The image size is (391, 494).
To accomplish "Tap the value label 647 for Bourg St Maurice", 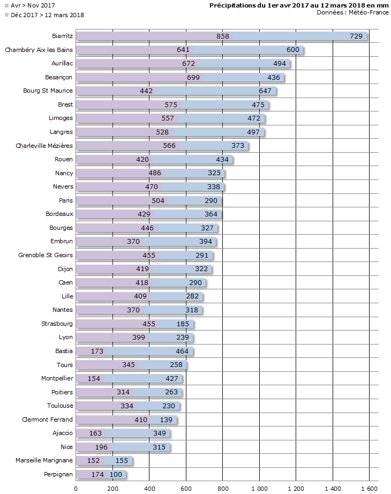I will point(265,91).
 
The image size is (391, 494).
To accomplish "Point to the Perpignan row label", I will point(58,475).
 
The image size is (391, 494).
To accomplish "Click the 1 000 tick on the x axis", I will point(260,489).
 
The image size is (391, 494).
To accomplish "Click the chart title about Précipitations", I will point(299,5).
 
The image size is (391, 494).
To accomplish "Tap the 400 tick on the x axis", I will point(149,489).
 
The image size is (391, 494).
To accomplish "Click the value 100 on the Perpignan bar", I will point(116,475).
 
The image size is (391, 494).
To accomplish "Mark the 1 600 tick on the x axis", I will point(369,489).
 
